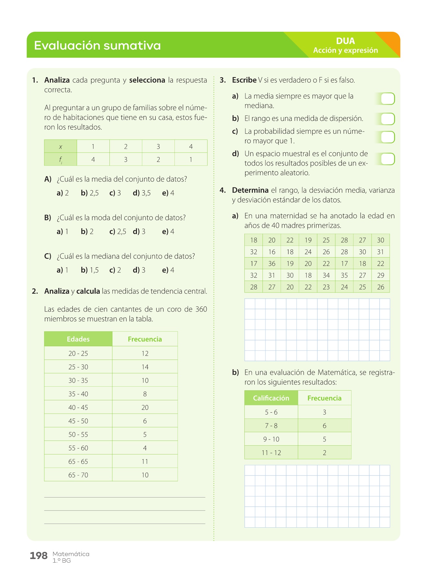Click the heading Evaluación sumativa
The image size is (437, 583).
97,46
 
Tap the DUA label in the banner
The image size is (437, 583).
345,41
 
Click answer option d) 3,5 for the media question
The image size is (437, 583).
142,193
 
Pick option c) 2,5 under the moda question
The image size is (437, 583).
118,232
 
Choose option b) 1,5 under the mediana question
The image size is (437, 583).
90,270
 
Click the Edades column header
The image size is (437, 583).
78,339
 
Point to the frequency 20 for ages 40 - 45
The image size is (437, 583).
145,407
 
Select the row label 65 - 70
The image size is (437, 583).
78,475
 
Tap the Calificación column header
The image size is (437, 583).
271,398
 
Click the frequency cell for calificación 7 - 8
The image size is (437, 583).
324,426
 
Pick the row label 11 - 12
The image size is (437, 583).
271,453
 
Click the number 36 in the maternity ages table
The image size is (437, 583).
272,264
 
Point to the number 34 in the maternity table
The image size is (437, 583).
326,275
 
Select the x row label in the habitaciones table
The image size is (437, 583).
61,147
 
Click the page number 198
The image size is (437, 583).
39,556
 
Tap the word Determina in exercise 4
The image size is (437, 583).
250,190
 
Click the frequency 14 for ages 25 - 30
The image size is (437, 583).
145,367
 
